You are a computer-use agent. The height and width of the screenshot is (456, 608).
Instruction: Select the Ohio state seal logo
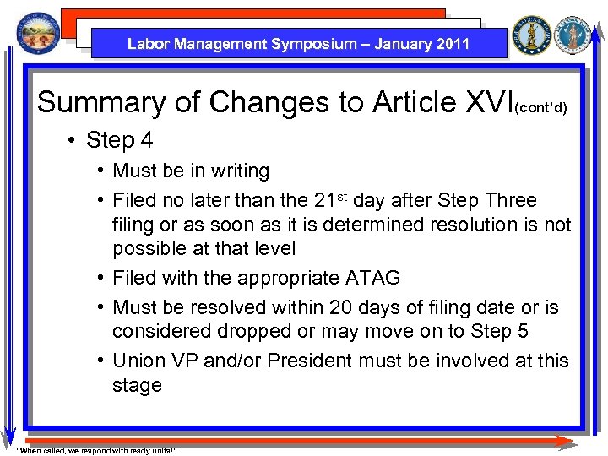[37, 35]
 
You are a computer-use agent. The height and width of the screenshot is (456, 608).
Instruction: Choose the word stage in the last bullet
[137, 385]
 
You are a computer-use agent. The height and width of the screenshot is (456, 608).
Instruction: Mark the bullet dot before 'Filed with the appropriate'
[100, 279]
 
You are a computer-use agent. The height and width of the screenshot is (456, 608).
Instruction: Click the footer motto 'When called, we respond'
[97, 449]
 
